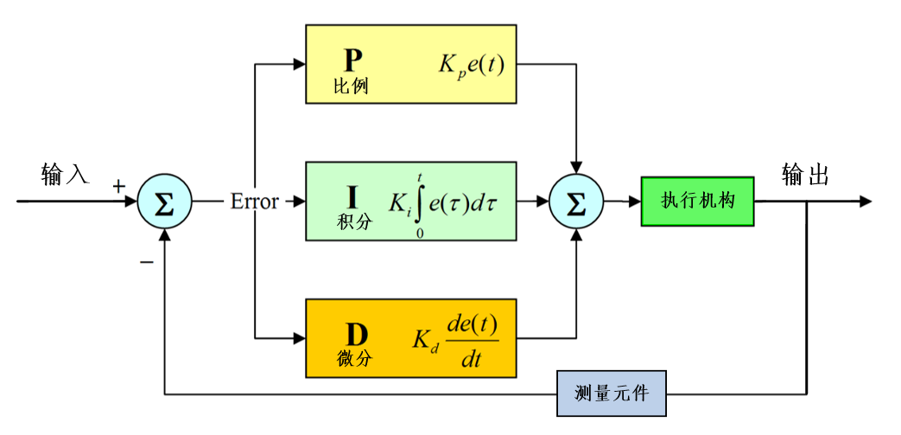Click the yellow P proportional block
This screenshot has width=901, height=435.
[411, 64]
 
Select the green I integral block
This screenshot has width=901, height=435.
[411, 201]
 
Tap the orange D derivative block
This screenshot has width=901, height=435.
[411, 338]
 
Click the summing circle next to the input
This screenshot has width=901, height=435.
[164, 202]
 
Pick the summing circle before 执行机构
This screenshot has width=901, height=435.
[576, 202]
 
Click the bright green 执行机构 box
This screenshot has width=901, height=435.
[697, 202]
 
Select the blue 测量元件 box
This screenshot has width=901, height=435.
[612, 394]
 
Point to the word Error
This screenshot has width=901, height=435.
[254, 202]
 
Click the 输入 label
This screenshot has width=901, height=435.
[65, 175]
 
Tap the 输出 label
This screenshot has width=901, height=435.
[805, 176]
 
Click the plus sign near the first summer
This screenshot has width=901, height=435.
[119, 186]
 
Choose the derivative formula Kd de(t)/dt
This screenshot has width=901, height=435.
[457, 339]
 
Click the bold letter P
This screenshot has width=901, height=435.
[352, 59]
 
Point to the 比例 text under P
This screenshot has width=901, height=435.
[351, 86]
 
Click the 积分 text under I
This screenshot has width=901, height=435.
[354, 221]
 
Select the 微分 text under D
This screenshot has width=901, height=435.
[354, 358]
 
